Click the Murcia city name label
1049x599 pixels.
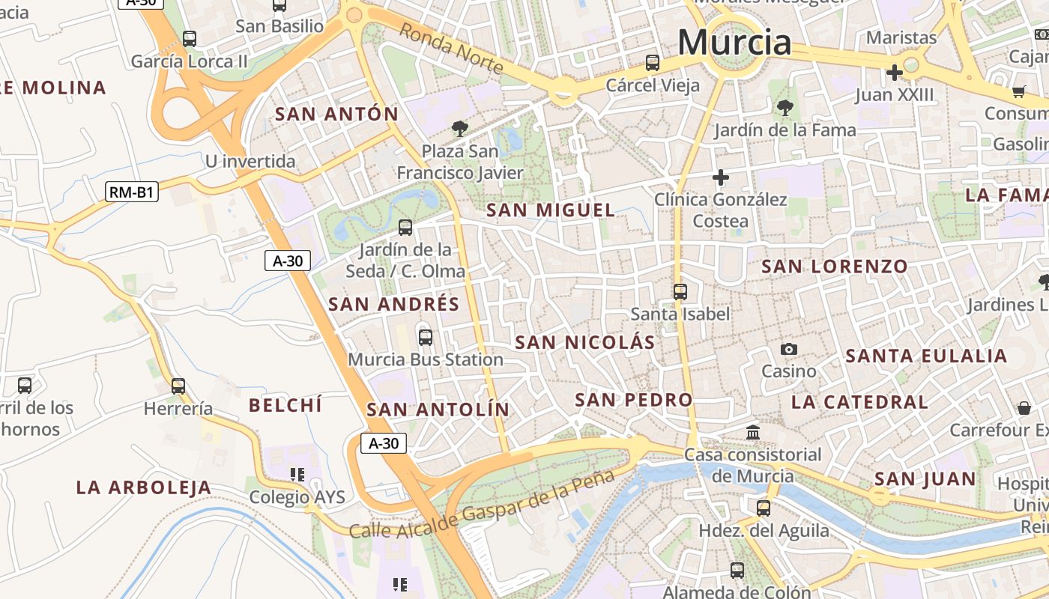tap(734, 42)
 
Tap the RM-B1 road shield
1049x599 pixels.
tap(132, 192)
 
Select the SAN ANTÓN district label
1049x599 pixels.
tap(336, 115)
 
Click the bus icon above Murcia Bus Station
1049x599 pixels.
tap(426, 337)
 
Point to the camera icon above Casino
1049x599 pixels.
tap(788, 349)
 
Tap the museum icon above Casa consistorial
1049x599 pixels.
tap(753, 433)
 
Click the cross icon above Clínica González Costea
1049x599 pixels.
tap(720, 177)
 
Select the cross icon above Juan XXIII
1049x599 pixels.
tap(894, 73)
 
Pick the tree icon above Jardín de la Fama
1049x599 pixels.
tap(785, 108)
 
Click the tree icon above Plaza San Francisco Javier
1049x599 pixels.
tap(460, 129)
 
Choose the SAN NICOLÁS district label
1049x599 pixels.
tap(584, 343)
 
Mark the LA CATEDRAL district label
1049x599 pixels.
tap(859, 402)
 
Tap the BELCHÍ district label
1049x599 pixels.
tap(285, 406)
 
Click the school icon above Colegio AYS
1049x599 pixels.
tap(297, 475)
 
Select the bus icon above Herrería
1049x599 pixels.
tap(178, 386)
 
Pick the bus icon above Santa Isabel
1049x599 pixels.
tap(680, 292)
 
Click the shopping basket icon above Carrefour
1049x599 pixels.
tap(1024, 408)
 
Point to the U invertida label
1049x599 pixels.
tap(250, 162)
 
